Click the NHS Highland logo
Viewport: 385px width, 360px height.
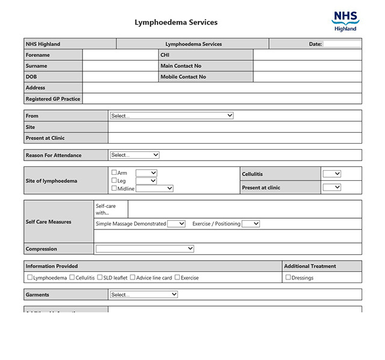tap(345, 20)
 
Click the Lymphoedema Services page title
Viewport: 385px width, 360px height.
tap(176, 23)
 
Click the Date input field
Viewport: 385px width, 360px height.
tap(342, 44)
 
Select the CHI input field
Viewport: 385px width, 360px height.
tap(307, 55)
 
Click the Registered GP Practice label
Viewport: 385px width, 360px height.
tap(53, 99)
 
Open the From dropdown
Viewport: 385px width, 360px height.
tap(171, 115)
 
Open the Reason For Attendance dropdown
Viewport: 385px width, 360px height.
tap(135, 155)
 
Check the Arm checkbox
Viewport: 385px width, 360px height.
tap(114, 172)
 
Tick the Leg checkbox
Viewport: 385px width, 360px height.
tap(114, 180)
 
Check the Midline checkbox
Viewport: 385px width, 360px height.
tap(114, 188)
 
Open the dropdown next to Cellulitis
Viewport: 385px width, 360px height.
tap(331, 174)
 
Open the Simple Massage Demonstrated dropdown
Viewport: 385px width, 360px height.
tap(176, 224)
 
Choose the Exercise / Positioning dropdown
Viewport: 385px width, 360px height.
tap(250, 224)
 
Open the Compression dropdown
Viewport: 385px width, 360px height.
tap(144, 248)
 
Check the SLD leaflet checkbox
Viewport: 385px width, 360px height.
tap(100, 278)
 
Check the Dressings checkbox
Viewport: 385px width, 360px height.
tap(288, 278)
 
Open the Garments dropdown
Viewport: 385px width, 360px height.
tap(144, 294)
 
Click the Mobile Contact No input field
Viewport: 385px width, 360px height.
tap(307, 77)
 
